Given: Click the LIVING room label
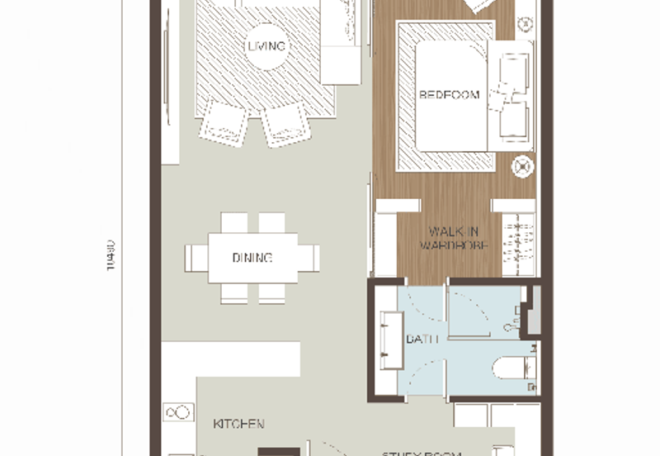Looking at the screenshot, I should coord(266,46).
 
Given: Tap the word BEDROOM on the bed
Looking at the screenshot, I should coord(450,95).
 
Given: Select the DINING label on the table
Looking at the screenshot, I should coord(252,258).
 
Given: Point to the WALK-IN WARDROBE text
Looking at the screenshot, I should coord(454,239).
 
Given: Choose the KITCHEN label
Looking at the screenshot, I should coord(238,424).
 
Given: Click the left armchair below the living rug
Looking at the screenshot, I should coord(223,121).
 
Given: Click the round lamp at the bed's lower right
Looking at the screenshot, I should coord(521,166).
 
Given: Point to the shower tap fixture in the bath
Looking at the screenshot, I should coord(517,318).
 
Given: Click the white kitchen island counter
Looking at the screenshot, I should coord(231,359).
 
